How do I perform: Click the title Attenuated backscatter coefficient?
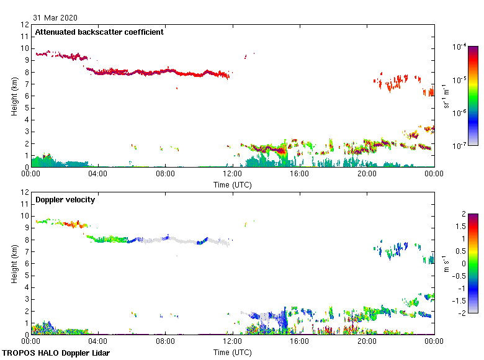coord(99,32)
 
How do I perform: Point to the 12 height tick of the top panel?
coord(25,25)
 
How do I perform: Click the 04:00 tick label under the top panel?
coord(98,174)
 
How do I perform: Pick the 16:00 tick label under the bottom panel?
coord(300,341)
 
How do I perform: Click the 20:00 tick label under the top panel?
coord(367,174)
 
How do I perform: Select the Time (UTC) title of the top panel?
coord(233,184)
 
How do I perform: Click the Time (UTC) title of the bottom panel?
coord(233,352)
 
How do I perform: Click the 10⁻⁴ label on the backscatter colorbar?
coord(460,47)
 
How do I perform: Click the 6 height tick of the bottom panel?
coord(25,263)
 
